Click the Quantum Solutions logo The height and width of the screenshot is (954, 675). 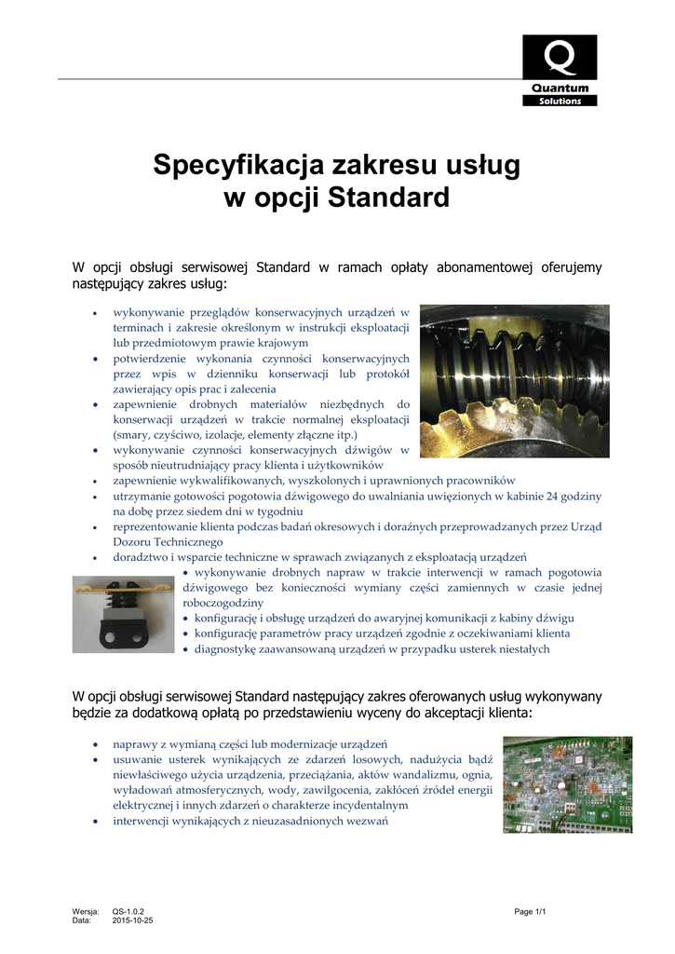point(560,70)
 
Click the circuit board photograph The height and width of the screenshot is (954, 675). point(567,784)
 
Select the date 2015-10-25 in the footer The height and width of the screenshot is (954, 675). point(133,920)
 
